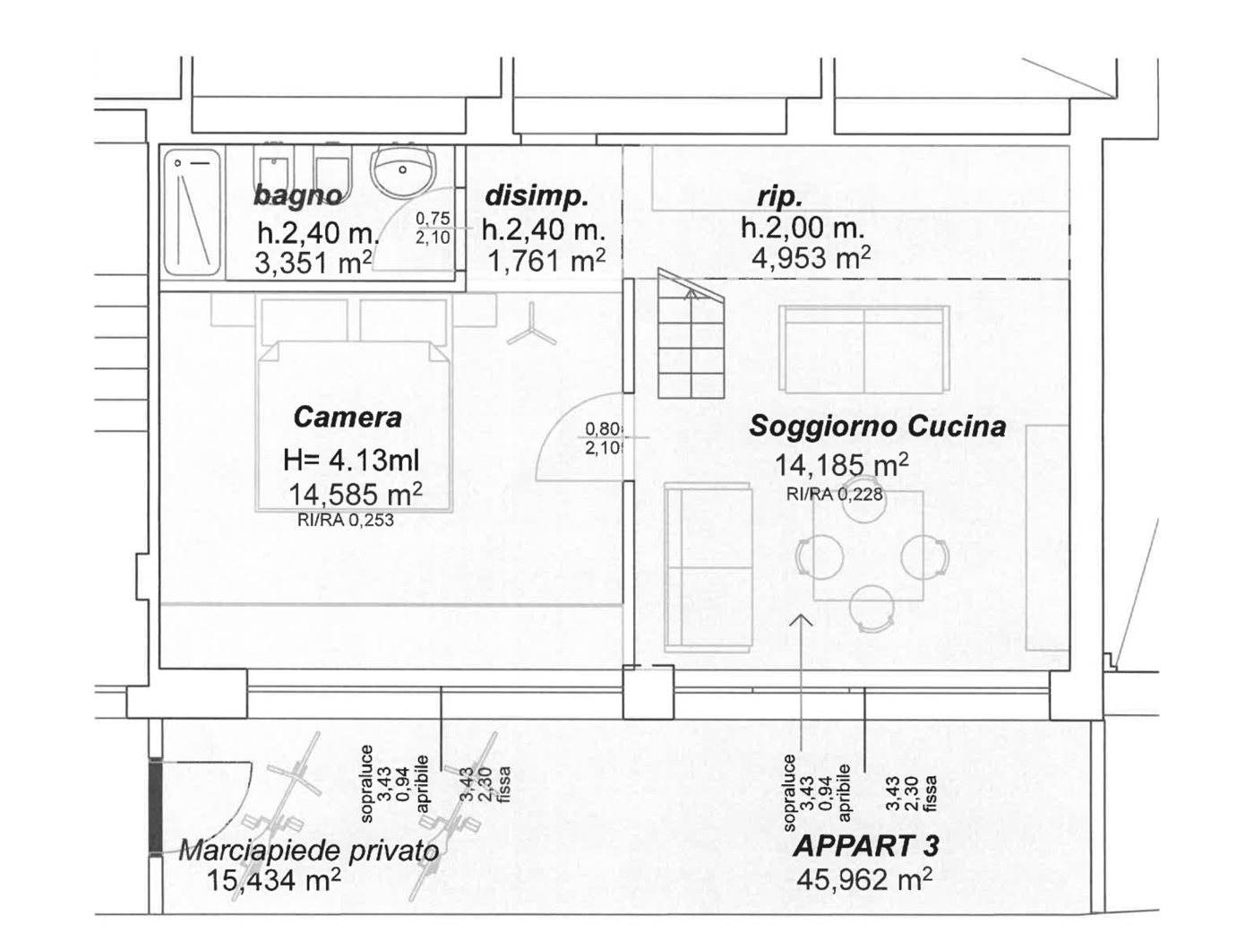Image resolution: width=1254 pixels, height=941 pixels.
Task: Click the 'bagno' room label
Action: [x=297, y=196]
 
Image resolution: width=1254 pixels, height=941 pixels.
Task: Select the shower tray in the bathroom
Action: [x=192, y=212]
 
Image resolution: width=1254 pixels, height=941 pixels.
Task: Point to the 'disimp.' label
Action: [x=537, y=196]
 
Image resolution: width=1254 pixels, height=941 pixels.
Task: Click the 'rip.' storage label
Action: [x=779, y=197]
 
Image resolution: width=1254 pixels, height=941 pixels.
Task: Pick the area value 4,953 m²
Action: [x=811, y=258]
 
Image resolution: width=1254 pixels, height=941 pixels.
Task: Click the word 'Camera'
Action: [x=348, y=417]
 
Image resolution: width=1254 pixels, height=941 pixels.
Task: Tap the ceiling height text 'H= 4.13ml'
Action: [x=351, y=460]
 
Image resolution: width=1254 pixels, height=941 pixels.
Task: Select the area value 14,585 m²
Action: [x=356, y=494]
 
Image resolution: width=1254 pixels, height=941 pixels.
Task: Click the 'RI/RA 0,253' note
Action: [x=346, y=520]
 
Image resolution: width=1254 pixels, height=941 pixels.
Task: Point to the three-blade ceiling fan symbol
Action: [x=531, y=326]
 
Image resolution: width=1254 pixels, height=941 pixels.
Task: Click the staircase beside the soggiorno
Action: [x=691, y=333]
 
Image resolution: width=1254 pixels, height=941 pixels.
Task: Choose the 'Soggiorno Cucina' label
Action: [x=877, y=427]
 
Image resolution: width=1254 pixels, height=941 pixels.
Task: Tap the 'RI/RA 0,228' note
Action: [x=835, y=494]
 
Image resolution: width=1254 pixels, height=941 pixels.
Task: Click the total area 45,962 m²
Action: [x=863, y=879]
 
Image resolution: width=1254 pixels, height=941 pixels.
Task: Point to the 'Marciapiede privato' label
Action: [x=309, y=850]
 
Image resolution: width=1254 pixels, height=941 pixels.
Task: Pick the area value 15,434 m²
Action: [x=274, y=880]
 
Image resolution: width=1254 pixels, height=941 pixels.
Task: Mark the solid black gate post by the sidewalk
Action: [x=155, y=807]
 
